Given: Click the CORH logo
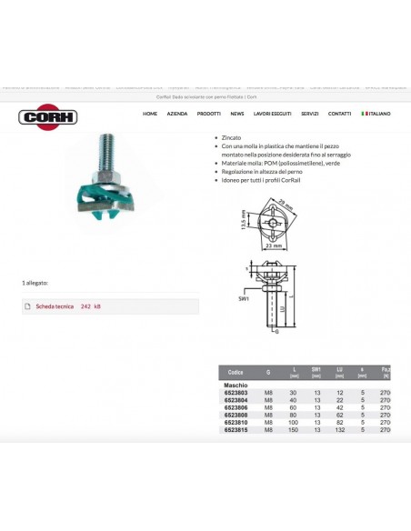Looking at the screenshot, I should click(48, 116).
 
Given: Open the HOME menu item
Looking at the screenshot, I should click(150, 114).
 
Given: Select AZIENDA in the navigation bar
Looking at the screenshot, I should click(177, 114).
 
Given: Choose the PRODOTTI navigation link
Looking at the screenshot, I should click(209, 114).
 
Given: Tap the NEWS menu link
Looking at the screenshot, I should click(237, 114).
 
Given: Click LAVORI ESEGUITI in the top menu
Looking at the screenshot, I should click(272, 114).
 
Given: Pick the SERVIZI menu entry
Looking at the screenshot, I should click(310, 114).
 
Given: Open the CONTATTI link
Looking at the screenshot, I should click(339, 114).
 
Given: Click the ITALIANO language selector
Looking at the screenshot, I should click(376, 114).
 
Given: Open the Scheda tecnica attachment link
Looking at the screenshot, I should click(55, 306).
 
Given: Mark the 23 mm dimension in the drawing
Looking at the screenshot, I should click(274, 245).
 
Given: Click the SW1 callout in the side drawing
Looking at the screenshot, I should click(244, 297).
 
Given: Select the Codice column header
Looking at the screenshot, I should click(236, 372).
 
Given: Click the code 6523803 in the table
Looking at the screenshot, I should click(236, 392).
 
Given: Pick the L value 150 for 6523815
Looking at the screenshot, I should click(294, 429).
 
